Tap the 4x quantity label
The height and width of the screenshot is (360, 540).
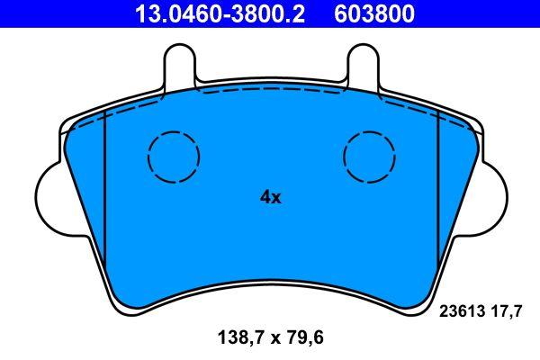point(270,196)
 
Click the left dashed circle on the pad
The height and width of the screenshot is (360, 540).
point(172,155)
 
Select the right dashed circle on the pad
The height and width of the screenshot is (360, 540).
point(369,155)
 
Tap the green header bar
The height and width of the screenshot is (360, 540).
point(270,13)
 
